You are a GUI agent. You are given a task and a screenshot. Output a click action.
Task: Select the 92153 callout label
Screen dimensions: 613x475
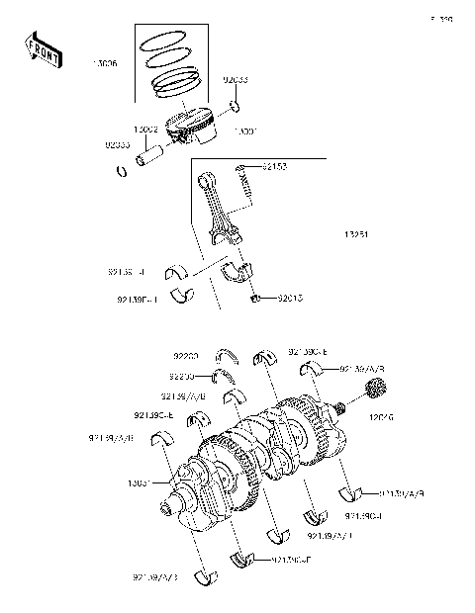tap(275, 167)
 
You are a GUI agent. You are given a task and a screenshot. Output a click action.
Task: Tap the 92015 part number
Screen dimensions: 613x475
tap(290, 295)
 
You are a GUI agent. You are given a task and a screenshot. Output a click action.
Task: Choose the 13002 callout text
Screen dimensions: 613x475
tap(147, 130)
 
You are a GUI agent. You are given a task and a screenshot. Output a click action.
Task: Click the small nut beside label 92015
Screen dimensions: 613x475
tap(255, 297)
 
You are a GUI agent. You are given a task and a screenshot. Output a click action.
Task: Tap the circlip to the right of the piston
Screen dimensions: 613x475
tap(235, 105)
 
